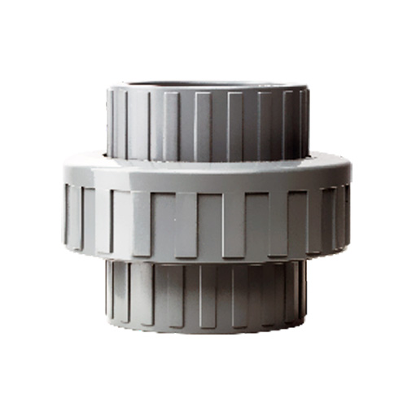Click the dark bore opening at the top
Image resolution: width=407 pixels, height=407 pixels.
click(208, 84)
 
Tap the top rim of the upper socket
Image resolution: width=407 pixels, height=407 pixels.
click(208, 89)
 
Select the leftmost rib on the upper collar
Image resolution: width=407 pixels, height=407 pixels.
click(115, 122)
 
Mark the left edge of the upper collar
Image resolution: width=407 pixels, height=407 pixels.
click(108, 122)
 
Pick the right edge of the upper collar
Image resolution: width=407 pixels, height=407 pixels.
click(309, 122)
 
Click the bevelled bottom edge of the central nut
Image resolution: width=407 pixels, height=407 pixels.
click(208, 258)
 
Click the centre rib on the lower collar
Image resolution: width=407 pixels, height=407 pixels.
click(208, 297)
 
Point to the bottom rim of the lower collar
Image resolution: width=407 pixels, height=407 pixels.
click(208, 327)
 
